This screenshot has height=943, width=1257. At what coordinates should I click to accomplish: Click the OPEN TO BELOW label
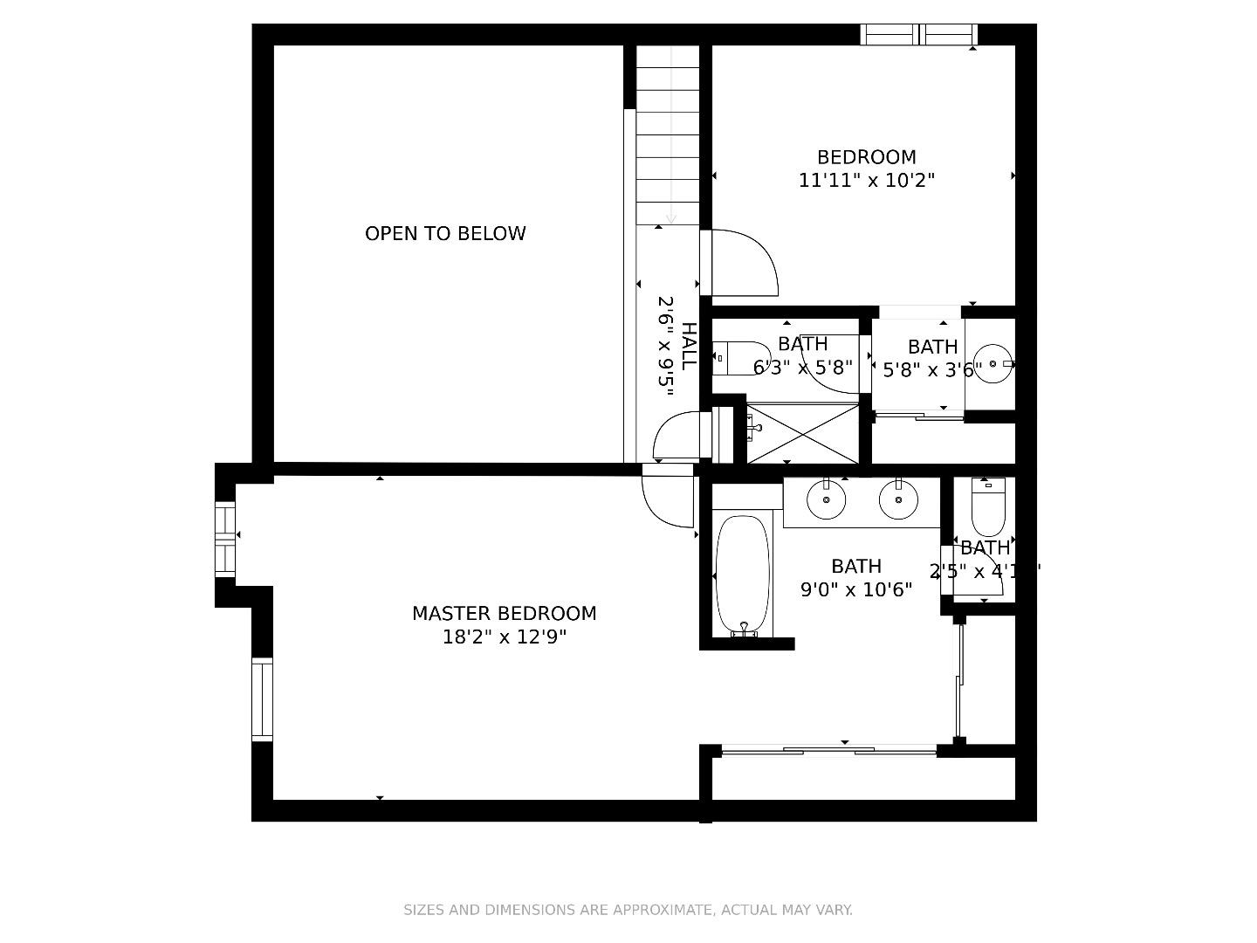[445, 233]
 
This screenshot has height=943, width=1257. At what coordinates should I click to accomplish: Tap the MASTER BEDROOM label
[504, 614]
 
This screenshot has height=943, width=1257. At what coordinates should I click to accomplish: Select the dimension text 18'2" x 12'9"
[504, 637]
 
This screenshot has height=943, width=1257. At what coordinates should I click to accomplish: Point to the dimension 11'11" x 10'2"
[866, 181]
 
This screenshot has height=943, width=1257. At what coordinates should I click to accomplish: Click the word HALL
[689, 346]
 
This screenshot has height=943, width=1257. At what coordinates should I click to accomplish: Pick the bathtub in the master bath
[742, 575]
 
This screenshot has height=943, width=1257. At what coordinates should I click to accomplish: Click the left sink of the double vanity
[826, 500]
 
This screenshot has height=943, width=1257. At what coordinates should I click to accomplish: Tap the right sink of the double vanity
[898, 500]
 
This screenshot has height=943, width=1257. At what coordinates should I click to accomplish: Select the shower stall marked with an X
[802, 433]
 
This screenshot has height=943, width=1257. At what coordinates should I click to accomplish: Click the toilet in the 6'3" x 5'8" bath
[732, 358]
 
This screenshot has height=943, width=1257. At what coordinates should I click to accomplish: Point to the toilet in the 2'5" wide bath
[987, 509]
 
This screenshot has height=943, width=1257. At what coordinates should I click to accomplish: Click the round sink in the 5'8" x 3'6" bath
[993, 363]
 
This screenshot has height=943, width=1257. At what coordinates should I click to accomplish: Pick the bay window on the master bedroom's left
[225, 538]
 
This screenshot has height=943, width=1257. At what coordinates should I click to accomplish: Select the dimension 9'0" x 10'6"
[855, 590]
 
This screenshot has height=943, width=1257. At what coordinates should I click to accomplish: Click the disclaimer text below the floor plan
[628, 910]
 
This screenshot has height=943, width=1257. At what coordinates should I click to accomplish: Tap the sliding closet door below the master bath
[829, 749]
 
